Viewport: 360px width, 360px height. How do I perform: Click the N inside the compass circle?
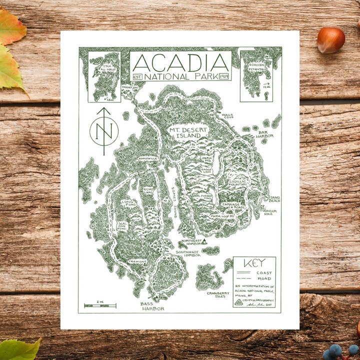tap(104, 131)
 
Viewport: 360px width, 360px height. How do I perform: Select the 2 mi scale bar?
tap(100, 305)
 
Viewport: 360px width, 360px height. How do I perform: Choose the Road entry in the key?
tap(264, 278)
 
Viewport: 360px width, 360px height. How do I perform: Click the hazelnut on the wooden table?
tap(330, 40)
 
